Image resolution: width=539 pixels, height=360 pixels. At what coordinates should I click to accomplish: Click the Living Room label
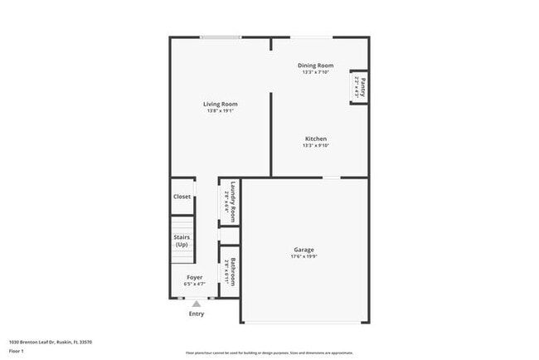[x=220, y=104]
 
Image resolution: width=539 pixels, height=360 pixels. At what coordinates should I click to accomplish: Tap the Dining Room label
[x=315, y=66]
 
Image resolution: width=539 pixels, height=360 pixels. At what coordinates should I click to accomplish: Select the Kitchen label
[x=315, y=139]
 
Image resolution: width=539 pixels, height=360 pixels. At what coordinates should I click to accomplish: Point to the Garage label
[x=303, y=250]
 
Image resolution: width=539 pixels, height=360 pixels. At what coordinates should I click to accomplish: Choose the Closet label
[x=182, y=197]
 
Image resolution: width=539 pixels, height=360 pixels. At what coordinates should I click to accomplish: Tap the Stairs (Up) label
[x=182, y=241]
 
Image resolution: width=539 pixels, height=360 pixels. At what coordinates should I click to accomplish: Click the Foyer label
[x=194, y=277]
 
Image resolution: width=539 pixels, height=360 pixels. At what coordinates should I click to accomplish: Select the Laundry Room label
[x=235, y=200]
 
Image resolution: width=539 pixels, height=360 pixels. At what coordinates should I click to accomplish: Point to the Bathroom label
[x=235, y=270]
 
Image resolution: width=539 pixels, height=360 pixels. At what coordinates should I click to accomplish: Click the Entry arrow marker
[x=197, y=304]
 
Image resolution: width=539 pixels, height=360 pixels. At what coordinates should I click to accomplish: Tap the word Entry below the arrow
[x=197, y=314]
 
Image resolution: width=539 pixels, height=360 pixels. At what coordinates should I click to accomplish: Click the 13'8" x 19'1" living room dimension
[x=220, y=111]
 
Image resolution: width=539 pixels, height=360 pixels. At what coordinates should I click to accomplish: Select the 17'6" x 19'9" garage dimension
[x=303, y=257]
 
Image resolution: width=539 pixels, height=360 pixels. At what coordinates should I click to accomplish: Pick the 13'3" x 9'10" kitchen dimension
[x=315, y=146]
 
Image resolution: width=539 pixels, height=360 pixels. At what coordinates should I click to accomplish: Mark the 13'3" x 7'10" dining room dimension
[x=315, y=72]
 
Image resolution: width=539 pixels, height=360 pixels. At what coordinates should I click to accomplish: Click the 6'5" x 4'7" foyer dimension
[x=194, y=285]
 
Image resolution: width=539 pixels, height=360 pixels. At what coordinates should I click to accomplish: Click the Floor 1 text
[x=17, y=351]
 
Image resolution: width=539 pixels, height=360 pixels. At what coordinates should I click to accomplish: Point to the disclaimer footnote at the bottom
[x=268, y=352]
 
